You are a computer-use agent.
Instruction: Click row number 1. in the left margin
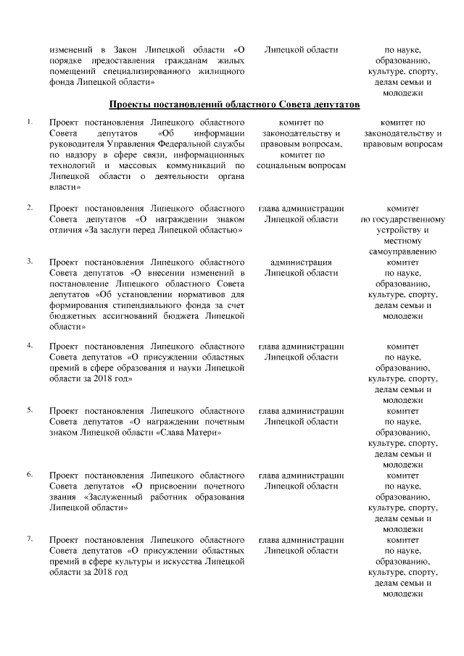click(x=29, y=121)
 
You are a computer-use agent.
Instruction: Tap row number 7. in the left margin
click(x=29, y=539)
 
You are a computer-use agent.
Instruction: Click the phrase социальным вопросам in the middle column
click(x=300, y=166)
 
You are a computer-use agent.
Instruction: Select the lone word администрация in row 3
click(x=300, y=262)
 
